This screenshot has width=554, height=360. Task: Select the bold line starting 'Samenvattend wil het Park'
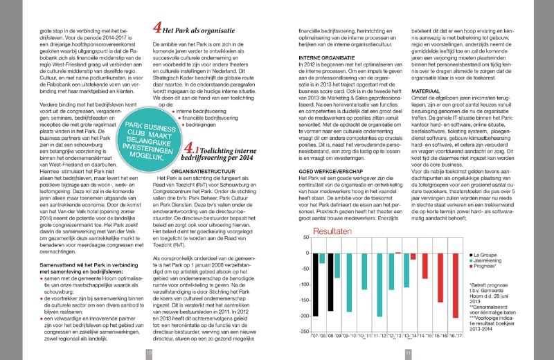(x=71, y=245)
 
